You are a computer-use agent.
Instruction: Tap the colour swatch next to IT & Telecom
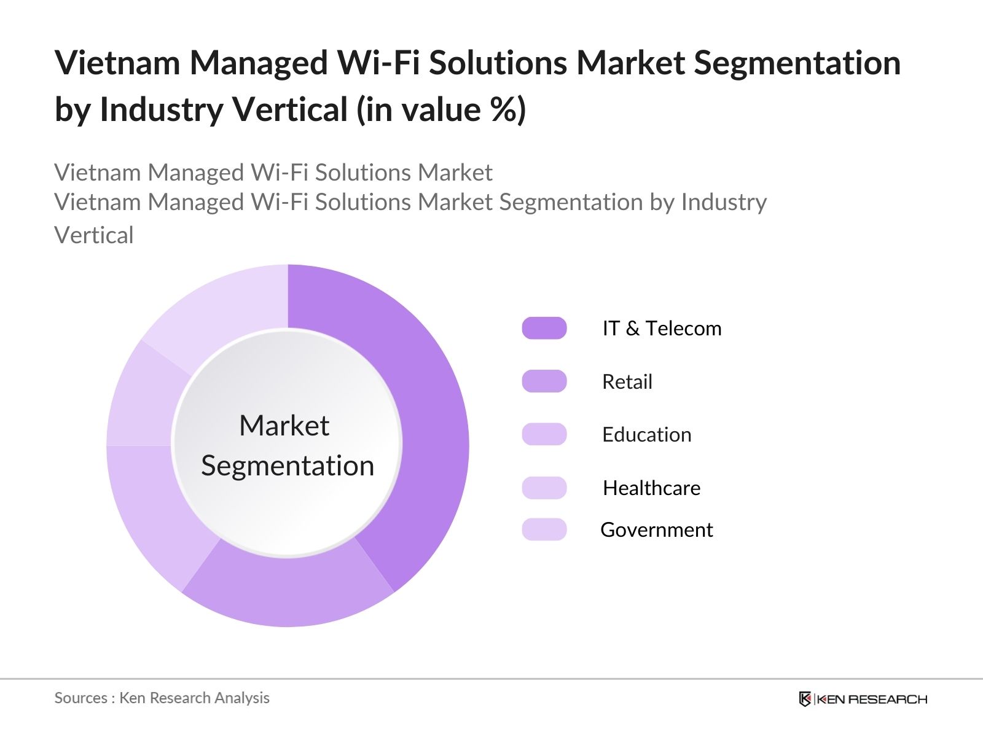coord(544,328)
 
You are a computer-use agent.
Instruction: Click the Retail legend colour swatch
coord(544,381)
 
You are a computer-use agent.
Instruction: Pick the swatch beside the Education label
coord(544,434)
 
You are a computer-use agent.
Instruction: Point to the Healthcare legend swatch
coord(544,488)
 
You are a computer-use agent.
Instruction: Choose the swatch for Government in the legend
coord(544,529)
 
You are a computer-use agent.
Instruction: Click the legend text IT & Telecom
coord(662,329)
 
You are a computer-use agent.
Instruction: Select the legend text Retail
coord(627,382)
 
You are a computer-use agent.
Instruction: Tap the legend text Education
coord(646,435)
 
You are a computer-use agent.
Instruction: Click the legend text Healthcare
coord(651,488)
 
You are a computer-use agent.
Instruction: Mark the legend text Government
coord(656,530)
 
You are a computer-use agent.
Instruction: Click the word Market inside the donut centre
coord(284,426)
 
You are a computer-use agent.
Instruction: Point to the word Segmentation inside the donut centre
coord(288,466)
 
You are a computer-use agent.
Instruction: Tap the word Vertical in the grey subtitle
coord(94,236)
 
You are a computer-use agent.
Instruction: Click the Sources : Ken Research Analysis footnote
coord(162,698)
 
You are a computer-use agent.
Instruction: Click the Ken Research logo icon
coord(805,699)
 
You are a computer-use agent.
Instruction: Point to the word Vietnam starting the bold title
coord(117,63)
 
